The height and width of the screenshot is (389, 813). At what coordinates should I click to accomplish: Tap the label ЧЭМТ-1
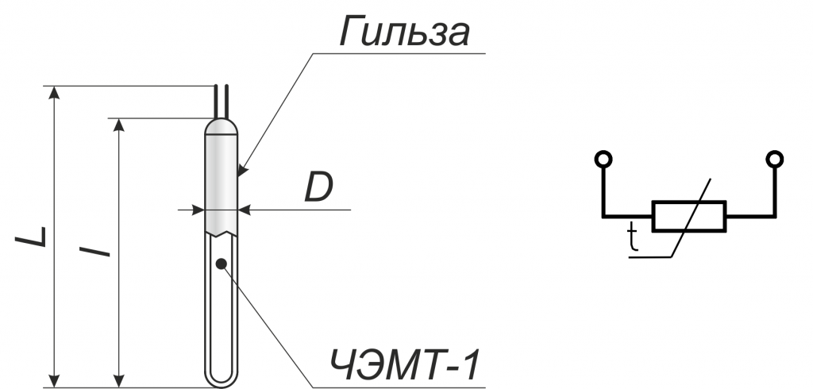tap(404, 366)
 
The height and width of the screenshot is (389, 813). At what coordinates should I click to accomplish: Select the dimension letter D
tap(318, 187)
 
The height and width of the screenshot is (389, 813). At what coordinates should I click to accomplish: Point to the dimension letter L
tap(31, 237)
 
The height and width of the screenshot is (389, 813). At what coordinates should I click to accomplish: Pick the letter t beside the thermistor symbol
tap(632, 237)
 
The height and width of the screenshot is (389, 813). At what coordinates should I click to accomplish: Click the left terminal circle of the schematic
tap(603, 159)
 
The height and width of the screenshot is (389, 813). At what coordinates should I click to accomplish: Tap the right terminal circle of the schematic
tap(775, 159)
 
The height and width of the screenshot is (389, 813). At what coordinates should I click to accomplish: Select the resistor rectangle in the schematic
tap(689, 216)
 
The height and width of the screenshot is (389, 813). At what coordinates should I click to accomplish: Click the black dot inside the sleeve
tap(222, 264)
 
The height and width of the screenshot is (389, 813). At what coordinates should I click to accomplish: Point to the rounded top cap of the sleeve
tap(222, 126)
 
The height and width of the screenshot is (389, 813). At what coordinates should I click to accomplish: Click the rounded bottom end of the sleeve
tap(222, 379)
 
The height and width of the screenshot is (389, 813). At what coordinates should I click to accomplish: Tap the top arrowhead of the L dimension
tap(54, 92)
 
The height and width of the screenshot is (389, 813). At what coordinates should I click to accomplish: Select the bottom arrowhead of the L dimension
tap(54, 381)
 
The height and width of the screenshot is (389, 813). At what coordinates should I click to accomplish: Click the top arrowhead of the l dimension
tap(120, 125)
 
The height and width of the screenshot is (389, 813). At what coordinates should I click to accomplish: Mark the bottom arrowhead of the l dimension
tap(120, 381)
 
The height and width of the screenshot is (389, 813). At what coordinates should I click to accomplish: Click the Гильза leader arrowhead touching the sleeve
tap(242, 169)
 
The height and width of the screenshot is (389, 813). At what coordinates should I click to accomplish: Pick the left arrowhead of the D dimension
tap(198, 210)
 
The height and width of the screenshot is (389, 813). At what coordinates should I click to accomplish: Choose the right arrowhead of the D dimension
tap(245, 210)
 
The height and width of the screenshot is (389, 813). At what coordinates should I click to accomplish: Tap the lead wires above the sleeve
tap(222, 102)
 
